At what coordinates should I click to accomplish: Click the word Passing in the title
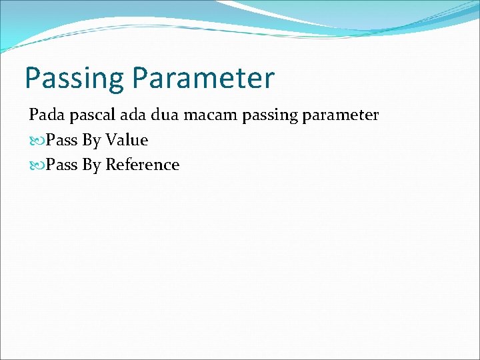tap(74, 79)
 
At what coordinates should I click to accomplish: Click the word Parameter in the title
tap(203, 77)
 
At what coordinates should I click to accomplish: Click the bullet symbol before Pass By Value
tap(36, 141)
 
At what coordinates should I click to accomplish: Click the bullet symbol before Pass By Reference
tap(36, 165)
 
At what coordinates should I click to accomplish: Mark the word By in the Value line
tap(91, 141)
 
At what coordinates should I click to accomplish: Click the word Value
tap(126, 140)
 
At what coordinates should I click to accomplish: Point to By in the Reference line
tap(91, 165)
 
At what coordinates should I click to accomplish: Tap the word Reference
tap(142, 165)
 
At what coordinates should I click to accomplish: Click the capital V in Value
tap(110, 140)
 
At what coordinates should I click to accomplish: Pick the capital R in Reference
tap(111, 165)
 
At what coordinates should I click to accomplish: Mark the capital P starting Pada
tap(33, 115)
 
